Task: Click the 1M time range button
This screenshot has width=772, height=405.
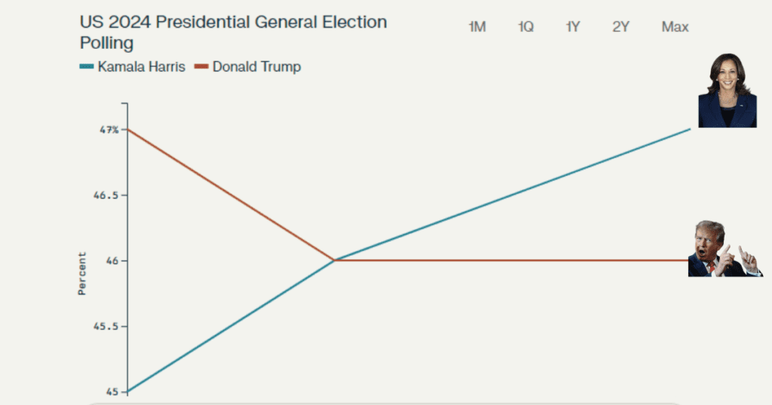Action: pos(477,27)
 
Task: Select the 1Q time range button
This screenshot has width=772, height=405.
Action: pos(525,27)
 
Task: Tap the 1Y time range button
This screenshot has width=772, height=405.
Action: pos(573,27)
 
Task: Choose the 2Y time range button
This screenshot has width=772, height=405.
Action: pos(620,27)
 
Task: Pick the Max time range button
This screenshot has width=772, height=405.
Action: pos(675,27)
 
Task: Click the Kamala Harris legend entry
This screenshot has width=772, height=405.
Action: pos(132,67)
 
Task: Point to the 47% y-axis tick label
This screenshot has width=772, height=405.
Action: pos(110,129)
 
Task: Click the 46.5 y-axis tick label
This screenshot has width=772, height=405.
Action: pos(108,195)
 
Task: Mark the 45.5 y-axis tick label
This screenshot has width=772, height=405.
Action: pos(108,326)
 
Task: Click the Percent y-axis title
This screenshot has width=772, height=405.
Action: pos(82,273)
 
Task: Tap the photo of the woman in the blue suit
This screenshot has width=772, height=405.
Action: pos(727,90)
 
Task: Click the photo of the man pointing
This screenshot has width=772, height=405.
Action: pos(724,249)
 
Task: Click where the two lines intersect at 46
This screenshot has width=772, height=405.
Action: pos(334,260)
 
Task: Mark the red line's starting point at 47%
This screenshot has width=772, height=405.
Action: pos(128,129)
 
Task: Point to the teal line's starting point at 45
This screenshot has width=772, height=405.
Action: pos(128,391)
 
